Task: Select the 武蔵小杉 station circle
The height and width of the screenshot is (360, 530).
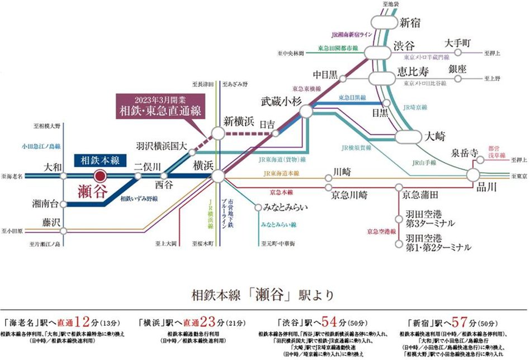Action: pos(306,111)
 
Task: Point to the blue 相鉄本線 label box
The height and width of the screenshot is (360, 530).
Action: pos(97,159)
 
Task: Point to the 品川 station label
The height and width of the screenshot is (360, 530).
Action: pos(488,188)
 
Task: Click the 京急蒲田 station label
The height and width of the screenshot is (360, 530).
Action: pos(419,195)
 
